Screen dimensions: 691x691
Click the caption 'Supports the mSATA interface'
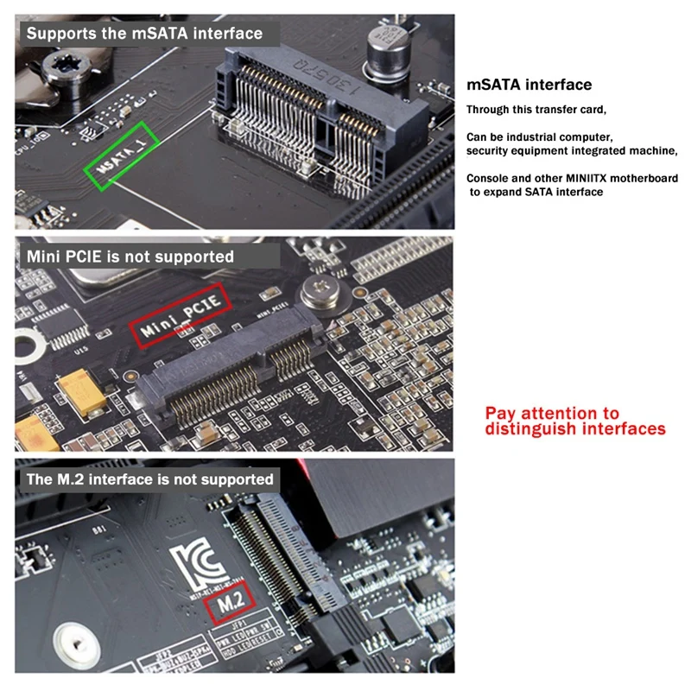click(143, 34)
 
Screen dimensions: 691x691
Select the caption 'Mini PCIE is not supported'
click(130, 257)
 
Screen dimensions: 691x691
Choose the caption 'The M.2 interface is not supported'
click(150, 479)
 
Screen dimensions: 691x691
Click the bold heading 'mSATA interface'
click(529, 85)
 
